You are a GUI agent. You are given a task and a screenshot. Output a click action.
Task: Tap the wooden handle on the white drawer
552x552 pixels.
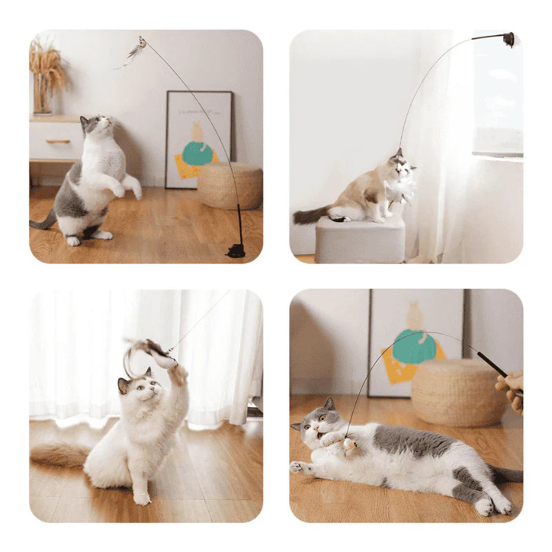pos(58,141)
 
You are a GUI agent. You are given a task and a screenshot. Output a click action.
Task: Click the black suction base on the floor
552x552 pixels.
pos(235,250)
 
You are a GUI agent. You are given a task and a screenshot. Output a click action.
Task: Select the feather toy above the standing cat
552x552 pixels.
pos(136,50)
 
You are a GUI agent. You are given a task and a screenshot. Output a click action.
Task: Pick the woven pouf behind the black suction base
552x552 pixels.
pos(229,185)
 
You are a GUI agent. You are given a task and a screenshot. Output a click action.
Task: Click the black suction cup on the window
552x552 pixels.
pos(509,39)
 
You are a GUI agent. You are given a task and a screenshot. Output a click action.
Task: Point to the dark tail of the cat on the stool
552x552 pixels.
pos(308,215)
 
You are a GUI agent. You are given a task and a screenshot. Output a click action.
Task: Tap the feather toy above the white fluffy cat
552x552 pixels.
pos(152,353)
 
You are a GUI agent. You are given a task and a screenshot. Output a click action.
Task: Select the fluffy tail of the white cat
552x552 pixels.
pos(58,455)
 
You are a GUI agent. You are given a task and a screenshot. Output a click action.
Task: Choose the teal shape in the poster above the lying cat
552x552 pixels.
pos(413,347)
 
